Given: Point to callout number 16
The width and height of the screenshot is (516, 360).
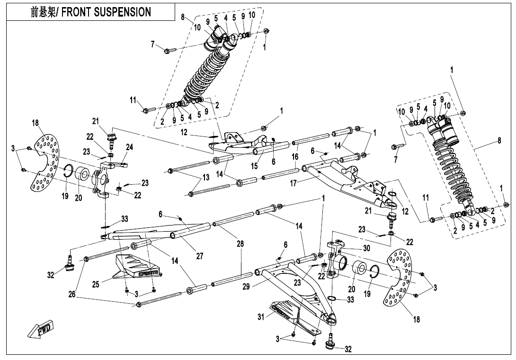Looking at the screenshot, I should click(295, 156).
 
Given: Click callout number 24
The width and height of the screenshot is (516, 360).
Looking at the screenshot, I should click(129, 147).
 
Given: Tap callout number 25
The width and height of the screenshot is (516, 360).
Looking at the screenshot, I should click(96, 284).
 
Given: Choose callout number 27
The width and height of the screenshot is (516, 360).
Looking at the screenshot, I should click(200, 256).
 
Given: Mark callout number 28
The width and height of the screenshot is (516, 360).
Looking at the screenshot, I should click(240, 244).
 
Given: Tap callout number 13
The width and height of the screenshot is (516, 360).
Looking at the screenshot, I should click(205, 178).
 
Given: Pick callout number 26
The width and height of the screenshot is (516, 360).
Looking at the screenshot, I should click(71, 294).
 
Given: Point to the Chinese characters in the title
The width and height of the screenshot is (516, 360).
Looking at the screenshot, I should click(43, 12).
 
